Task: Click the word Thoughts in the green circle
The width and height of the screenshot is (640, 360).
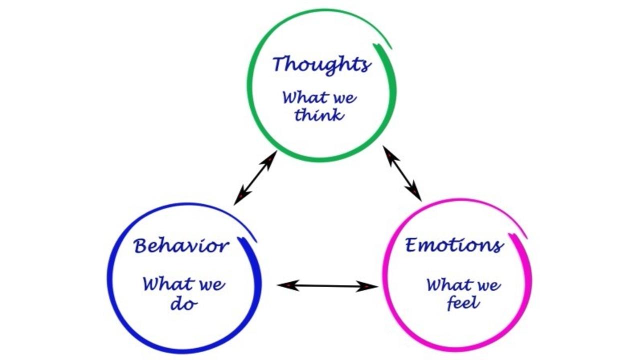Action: [321, 65]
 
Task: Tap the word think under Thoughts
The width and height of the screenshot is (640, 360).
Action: [318, 115]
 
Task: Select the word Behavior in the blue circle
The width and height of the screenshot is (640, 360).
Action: [181, 246]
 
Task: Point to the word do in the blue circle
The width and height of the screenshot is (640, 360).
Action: [183, 303]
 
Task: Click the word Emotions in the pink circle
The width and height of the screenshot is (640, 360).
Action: [453, 245]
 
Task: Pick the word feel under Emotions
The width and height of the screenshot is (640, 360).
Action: [463, 303]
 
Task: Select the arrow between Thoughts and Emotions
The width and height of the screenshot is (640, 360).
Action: [402, 173]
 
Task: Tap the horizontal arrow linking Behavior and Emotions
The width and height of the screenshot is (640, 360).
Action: [327, 286]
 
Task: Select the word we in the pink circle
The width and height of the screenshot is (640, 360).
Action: [487, 285]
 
